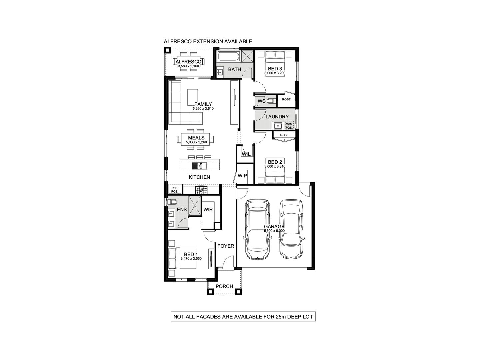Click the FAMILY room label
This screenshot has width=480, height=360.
click(203, 104)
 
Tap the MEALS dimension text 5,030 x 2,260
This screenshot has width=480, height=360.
click(196, 142)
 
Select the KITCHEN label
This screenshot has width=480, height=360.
click(199, 177)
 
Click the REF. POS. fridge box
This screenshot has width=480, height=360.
click(175, 190)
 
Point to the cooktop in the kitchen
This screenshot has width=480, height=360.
click(201, 190)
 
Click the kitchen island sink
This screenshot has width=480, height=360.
click(199, 165)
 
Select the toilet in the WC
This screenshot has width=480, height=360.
click(270, 101)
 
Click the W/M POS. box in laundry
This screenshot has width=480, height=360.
click(289, 126)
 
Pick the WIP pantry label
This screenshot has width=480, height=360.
click(242, 175)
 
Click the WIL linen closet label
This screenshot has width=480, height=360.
click(246, 154)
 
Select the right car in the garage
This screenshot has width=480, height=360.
click(291, 229)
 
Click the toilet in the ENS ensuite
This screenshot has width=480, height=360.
click(172, 202)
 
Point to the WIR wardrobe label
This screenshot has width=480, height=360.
click(208, 210)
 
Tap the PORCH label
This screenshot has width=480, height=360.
click(224, 286)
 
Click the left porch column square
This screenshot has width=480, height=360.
click(210, 292)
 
